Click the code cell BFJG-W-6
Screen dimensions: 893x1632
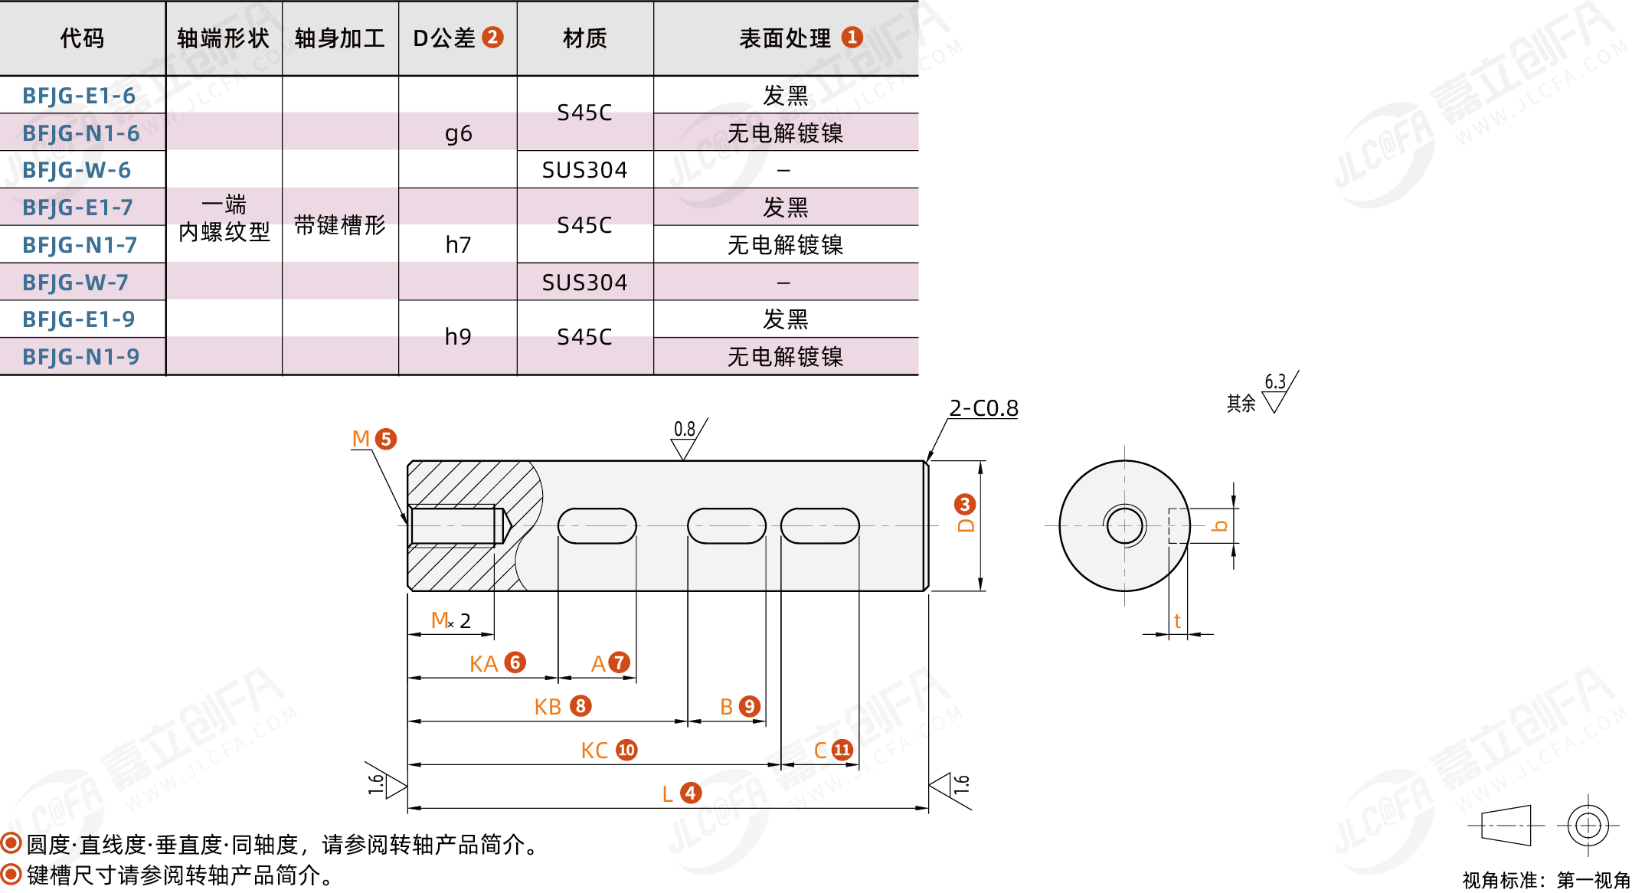click(x=77, y=170)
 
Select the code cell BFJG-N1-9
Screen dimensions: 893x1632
click(x=81, y=357)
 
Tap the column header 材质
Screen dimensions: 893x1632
click(x=584, y=38)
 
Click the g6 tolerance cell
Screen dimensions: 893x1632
click(x=458, y=134)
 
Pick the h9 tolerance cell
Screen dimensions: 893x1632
click(x=458, y=337)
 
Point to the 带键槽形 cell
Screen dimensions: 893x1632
click(x=340, y=225)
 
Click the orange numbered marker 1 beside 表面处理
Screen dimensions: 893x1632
click(x=852, y=38)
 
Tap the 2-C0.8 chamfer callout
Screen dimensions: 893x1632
click(x=983, y=408)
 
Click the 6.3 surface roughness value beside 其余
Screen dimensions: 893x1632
click(x=1274, y=381)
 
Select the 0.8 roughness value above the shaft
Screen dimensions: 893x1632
click(x=684, y=429)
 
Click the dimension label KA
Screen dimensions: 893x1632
click(x=483, y=664)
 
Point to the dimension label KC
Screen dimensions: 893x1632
click(x=594, y=751)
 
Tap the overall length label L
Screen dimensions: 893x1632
click(x=668, y=794)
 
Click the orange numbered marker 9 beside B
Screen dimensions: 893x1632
click(x=750, y=706)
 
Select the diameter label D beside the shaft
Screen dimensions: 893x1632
click(x=966, y=525)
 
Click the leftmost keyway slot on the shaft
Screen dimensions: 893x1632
click(x=597, y=526)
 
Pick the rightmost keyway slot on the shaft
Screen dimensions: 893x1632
click(x=819, y=526)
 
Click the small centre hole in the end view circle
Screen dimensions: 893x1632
click(x=1124, y=526)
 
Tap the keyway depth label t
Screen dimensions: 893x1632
click(x=1177, y=621)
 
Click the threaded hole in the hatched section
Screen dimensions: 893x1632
click(x=456, y=526)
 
